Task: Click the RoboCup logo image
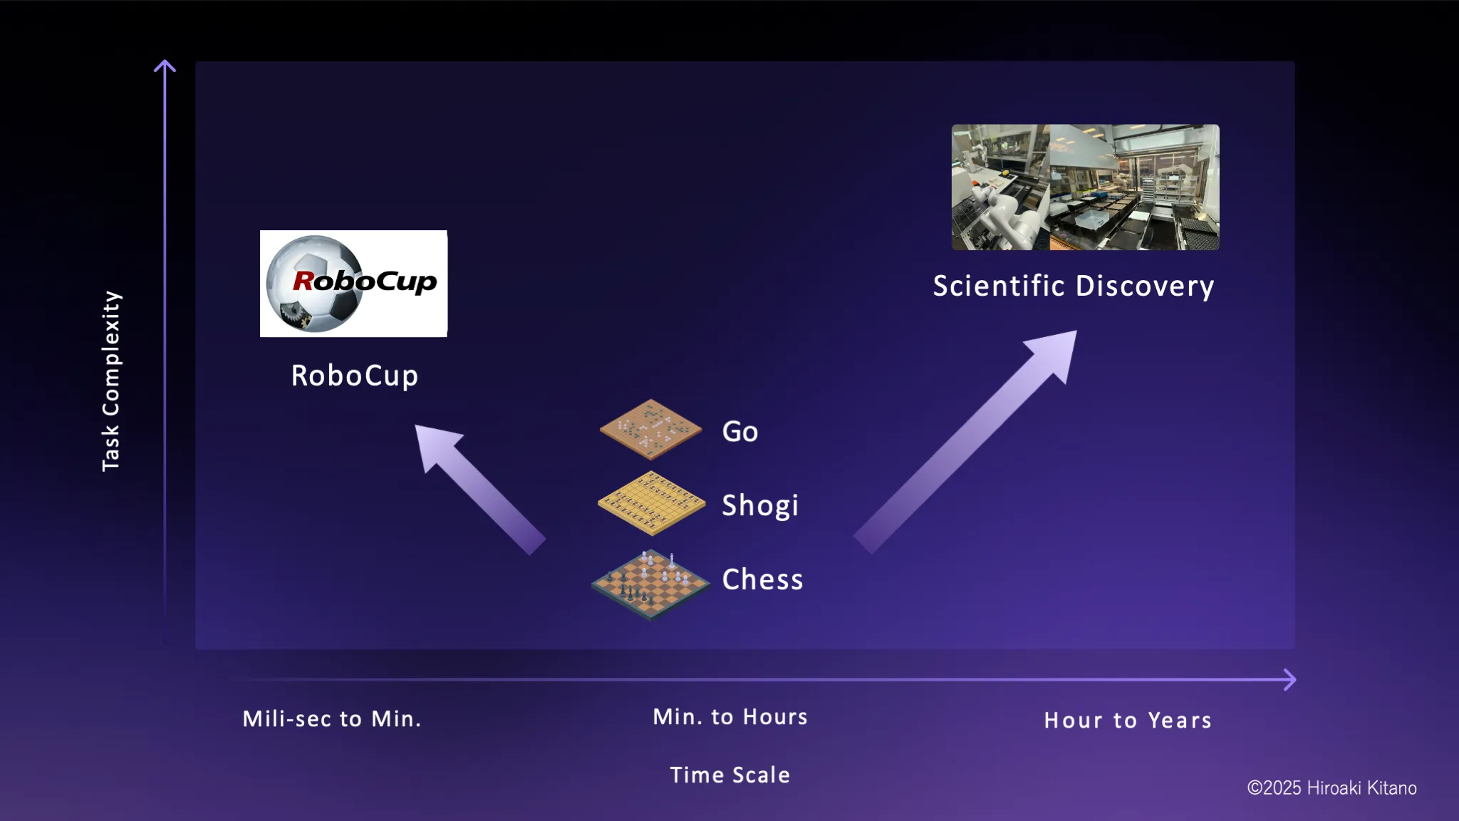tap(353, 284)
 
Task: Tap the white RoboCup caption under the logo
tap(354, 376)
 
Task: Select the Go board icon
tap(650, 429)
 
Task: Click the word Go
tap(739, 432)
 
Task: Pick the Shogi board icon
tap(651, 503)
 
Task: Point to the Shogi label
tap(759, 506)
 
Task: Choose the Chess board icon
tap(650, 584)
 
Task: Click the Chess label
tap(762, 579)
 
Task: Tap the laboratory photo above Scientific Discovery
tap(1085, 187)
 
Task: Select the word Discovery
tap(1144, 286)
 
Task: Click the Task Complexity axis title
tap(111, 381)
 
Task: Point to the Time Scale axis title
tap(729, 775)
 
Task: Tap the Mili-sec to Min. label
tap(332, 718)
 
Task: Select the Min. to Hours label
tap(730, 716)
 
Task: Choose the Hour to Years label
tap(1128, 720)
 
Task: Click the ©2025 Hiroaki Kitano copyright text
tap(1331, 788)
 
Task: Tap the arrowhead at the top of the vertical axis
tap(165, 66)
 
